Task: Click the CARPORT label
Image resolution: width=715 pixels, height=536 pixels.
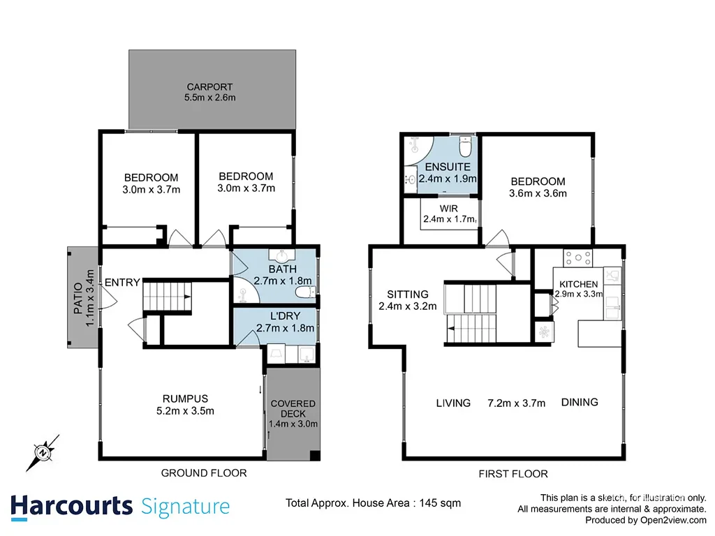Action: (x=209, y=87)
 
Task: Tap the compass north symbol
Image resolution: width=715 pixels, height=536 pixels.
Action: (x=43, y=452)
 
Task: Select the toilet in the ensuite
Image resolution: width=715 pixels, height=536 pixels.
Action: (x=465, y=147)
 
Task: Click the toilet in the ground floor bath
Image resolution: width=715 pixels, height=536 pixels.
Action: (x=304, y=292)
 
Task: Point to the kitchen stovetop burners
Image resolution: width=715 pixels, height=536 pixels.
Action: (x=577, y=258)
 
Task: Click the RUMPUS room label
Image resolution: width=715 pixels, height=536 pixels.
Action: (x=185, y=399)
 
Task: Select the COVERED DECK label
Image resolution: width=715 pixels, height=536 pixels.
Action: (x=293, y=408)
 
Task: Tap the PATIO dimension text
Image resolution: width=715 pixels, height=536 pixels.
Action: (x=90, y=297)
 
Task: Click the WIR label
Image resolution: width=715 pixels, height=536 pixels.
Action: (x=449, y=209)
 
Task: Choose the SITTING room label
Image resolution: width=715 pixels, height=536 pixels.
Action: (x=408, y=295)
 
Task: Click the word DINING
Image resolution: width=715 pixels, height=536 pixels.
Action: (x=580, y=402)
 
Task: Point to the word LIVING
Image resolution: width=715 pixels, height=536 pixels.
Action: (x=453, y=403)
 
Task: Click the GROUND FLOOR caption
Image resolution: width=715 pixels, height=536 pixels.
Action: (x=204, y=473)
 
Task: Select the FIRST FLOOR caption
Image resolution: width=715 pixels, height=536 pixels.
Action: (x=513, y=474)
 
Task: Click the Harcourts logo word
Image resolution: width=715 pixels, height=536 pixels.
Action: (x=72, y=507)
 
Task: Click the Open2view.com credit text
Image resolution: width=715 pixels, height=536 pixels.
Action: (x=673, y=520)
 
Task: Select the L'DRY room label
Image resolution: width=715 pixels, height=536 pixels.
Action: (x=285, y=316)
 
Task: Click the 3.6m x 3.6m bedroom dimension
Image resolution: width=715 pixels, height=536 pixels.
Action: (x=538, y=193)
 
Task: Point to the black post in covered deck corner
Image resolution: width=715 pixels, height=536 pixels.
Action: (x=315, y=455)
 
